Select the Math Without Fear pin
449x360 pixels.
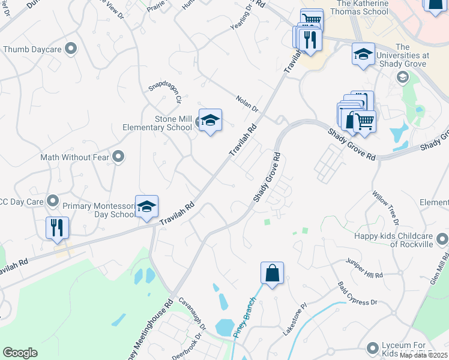(118, 157)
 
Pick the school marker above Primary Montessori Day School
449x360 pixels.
(146, 207)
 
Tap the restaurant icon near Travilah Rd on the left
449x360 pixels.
(58, 228)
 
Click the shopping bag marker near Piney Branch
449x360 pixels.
(272, 273)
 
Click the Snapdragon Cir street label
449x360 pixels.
(165, 93)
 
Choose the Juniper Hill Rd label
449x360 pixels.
(364, 268)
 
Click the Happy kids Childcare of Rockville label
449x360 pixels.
(394, 240)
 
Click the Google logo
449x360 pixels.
(20, 352)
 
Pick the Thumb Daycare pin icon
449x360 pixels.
(71, 49)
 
